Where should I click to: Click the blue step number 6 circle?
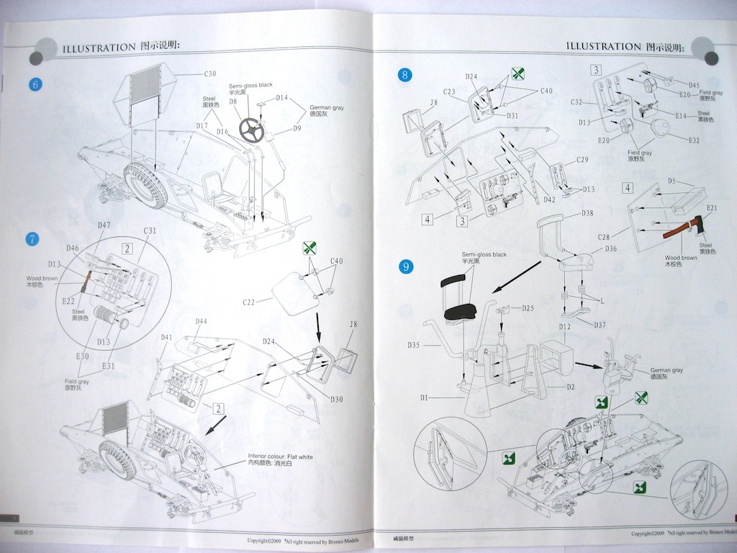tap(35, 84)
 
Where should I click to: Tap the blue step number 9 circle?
tap(407, 267)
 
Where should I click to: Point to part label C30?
tap(209, 73)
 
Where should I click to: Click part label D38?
tap(587, 213)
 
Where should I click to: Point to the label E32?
tap(693, 140)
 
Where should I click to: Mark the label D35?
tap(414, 345)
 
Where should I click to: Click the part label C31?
tap(150, 230)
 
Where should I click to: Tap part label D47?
tap(104, 225)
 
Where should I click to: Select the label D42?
tap(549, 199)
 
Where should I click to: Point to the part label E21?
tap(712, 208)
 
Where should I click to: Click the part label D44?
tap(202, 321)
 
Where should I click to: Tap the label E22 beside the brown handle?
tap(69, 300)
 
